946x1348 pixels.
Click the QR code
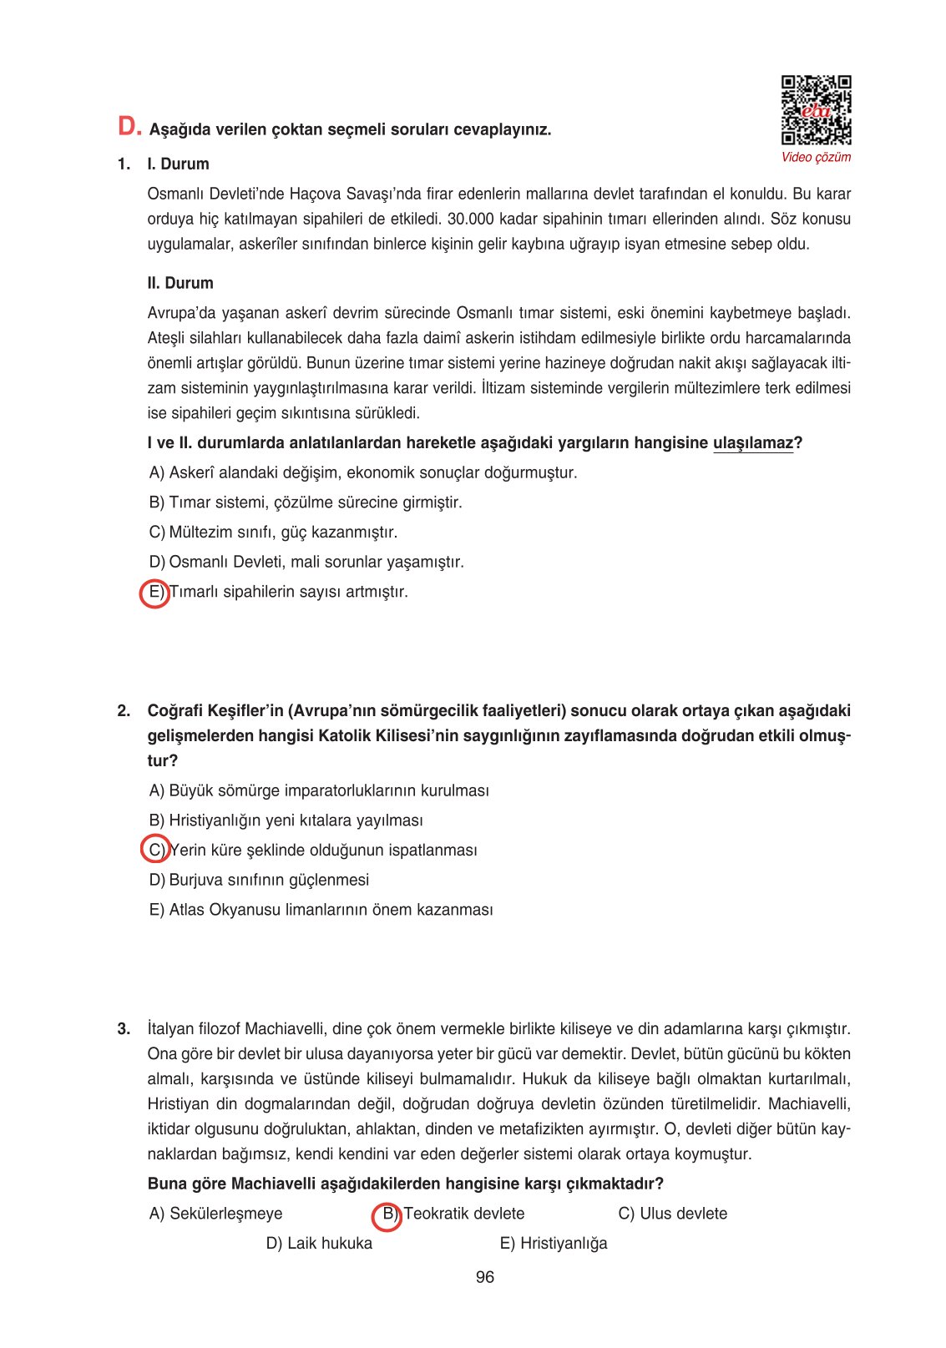point(816,110)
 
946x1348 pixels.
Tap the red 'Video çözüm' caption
point(816,157)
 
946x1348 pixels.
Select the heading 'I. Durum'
point(178,164)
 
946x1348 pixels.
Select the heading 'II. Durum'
point(180,283)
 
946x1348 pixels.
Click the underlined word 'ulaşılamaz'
point(752,443)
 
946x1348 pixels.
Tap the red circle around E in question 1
point(154,593)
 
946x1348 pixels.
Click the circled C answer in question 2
point(155,850)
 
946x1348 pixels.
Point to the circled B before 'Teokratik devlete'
point(387,1214)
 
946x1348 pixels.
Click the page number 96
point(484,1277)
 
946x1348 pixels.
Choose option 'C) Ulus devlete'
point(672,1214)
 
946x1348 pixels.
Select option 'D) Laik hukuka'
point(319,1244)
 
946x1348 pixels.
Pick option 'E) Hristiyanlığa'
point(554,1244)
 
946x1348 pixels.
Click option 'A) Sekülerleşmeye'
point(215,1214)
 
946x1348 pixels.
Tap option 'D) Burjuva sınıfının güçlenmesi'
point(259,880)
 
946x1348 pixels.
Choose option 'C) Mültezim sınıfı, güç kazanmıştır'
point(273,533)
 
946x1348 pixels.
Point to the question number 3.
point(124,1029)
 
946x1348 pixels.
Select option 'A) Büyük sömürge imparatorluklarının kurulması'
point(319,790)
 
